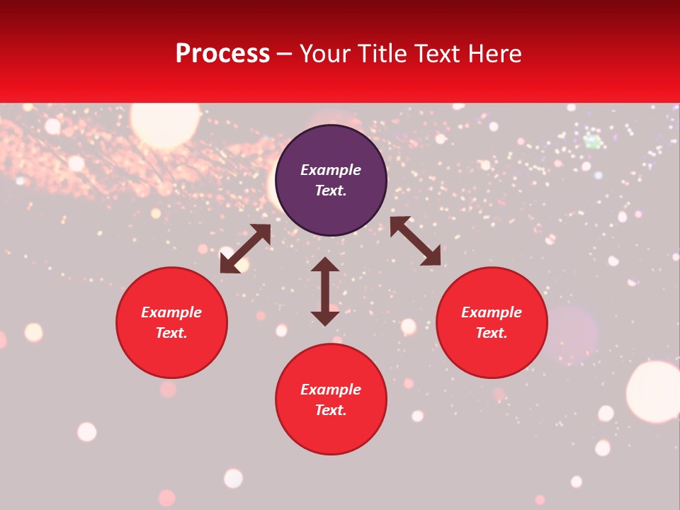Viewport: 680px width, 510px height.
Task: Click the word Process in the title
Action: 222,54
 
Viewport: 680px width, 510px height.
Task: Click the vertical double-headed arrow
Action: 325,291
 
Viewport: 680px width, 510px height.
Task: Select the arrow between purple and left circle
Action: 246,249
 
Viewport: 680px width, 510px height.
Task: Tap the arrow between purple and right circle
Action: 415,241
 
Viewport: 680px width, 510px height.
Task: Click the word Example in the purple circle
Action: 331,170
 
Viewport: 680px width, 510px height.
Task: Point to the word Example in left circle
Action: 171,312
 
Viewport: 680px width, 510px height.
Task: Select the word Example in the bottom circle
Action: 331,390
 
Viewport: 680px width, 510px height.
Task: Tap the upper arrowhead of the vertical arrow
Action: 325,265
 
